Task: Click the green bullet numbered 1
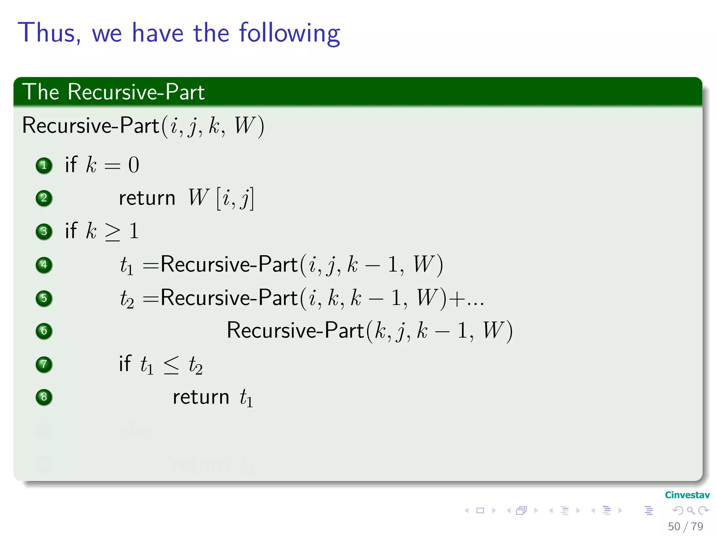pyautogui.click(x=44, y=165)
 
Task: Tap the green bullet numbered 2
pyautogui.click(x=44, y=198)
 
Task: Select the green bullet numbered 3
pyautogui.click(x=44, y=231)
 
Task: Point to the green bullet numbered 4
pyautogui.click(x=44, y=265)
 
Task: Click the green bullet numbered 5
pyautogui.click(x=44, y=298)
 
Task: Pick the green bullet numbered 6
pyautogui.click(x=44, y=331)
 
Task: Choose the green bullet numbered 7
pyautogui.click(x=44, y=364)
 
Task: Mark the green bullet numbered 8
pyautogui.click(x=44, y=397)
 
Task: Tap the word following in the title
pyautogui.click(x=289, y=34)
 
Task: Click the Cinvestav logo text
pyautogui.click(x=687, y=495)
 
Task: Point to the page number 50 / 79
pyautogui.click(x=685, y=527)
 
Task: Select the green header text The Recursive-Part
pyautogui.click(x=113, y=92)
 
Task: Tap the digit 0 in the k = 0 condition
pyautogui.click(x=134, y=165)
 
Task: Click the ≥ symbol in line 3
pyautogui.click(x=113, y=231)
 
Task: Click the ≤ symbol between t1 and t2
pyautogui.click(x=171, y=365)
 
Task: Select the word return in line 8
pyautogui.click(x=201, y=397)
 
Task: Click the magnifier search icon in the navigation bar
pyautogui.click(x=690, y=511)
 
